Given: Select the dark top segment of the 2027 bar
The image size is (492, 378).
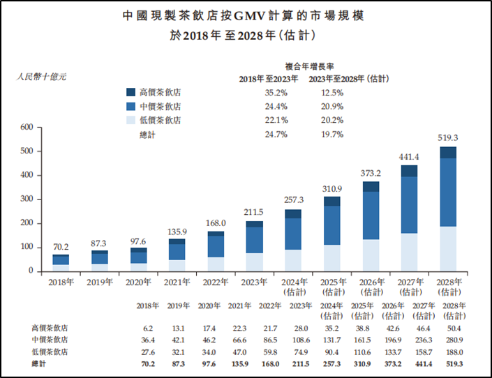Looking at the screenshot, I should coord(410,171).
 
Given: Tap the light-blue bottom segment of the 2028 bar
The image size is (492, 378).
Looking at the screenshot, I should coord(448,248).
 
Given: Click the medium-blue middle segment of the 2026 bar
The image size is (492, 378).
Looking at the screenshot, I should coord(371,216).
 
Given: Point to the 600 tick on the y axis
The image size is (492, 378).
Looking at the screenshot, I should coord(27,127).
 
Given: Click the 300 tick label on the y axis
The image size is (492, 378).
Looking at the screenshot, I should coord(27,199).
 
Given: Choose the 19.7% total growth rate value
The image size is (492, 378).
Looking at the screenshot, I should coord(332,134).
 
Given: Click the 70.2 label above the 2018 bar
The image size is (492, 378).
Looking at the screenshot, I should coord(61,246).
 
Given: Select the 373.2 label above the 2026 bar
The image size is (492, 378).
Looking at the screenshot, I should coord(371,174).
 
